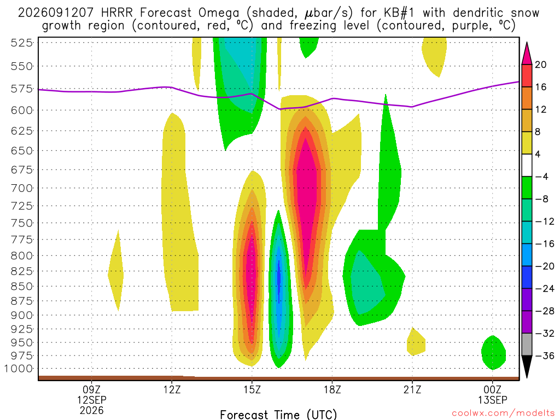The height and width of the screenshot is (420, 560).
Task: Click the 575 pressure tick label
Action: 21,89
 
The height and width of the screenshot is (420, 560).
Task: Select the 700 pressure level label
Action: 21,188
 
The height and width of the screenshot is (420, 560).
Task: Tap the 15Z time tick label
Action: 252,389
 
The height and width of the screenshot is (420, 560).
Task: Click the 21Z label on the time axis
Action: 412,389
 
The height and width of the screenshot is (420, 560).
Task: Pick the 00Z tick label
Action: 493,389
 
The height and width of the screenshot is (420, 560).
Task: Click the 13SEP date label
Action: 493,400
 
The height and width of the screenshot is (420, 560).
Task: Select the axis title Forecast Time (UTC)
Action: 278,415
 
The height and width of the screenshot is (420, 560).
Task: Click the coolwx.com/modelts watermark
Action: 503,413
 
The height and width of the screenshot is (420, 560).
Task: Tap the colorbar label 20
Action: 540,65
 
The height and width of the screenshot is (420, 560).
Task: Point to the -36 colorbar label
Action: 544,355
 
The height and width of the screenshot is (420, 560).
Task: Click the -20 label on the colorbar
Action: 544,266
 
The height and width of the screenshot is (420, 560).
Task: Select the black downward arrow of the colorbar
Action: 527,366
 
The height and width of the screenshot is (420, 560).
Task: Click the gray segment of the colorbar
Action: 527,345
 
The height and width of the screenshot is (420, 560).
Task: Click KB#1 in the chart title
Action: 399,13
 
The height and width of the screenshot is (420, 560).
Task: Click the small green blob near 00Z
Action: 494,353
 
